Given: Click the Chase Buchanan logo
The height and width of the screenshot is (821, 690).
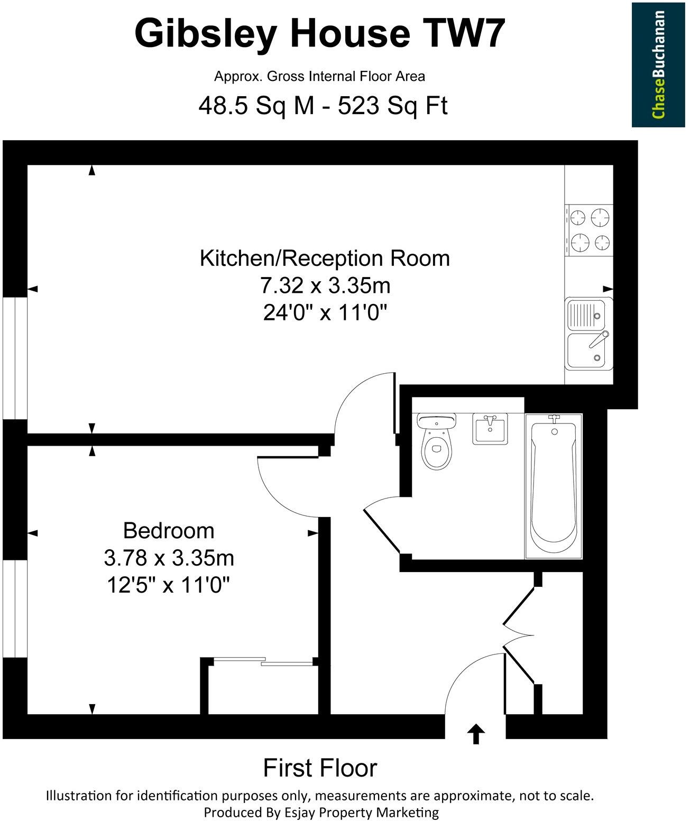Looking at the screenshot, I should click(x=658, y=64).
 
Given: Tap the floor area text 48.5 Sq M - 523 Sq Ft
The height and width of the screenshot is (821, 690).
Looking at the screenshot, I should click(x=323, y=106).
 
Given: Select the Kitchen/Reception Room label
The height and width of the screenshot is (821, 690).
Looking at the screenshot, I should click(x=325, y=258).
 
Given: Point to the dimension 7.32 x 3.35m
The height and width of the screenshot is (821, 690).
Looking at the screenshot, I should click(x=325, y=286).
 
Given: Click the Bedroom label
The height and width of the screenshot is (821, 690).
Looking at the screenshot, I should click(x=169, y=530).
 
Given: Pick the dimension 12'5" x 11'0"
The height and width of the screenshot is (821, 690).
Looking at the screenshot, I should click(x=169, y=585).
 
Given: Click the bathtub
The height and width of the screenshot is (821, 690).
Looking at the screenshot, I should click(x=554, y=486).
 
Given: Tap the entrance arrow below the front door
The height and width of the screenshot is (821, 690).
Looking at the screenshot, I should click(x=476, y=734).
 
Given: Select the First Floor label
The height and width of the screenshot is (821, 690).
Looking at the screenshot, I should click(x=320, y=768).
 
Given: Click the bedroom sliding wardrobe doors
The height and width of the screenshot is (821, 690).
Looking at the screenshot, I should click(x=263, y=661).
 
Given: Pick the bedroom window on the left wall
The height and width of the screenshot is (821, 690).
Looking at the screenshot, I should click(x=14, y=608).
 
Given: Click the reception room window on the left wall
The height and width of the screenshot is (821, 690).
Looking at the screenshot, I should click(x=14, y=357).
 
